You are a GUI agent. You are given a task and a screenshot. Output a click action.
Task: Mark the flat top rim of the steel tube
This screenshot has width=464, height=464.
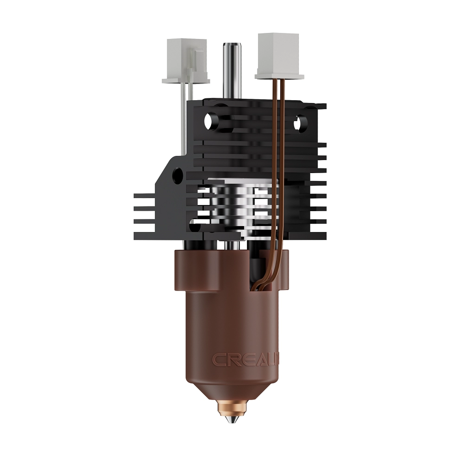(x=231, y=45)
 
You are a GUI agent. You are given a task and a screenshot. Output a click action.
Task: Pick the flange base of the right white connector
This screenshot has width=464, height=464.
(x=279, y=74)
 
